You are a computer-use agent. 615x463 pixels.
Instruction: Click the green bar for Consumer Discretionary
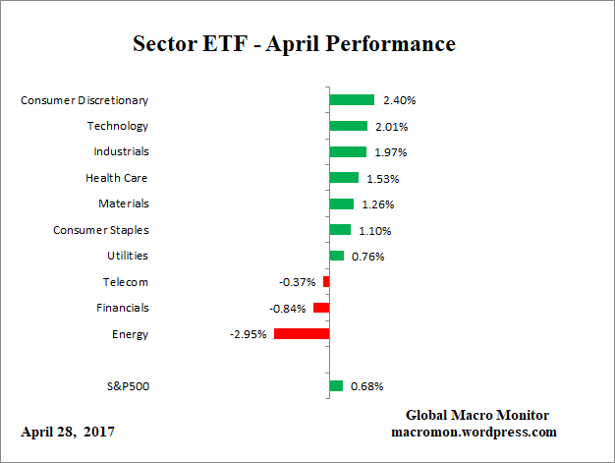pos(352,99)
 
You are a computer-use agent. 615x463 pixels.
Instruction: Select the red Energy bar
pos(302,334)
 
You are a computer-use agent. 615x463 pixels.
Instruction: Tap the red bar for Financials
pos(321,308)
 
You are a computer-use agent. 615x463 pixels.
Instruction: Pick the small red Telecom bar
pos(326,282)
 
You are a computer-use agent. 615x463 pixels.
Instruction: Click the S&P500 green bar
pos(336,386)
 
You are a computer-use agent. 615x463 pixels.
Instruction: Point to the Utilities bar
pos(337,256)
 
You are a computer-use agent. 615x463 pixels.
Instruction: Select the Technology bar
pos(348,126)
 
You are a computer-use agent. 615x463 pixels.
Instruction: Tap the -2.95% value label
pos(248,334)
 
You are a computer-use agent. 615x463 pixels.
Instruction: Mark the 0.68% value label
pos(366,386)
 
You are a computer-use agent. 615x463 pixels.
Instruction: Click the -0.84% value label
pos(287,308)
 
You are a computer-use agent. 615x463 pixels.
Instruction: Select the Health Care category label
pos(117,178)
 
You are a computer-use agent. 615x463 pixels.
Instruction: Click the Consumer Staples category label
pos(100,230)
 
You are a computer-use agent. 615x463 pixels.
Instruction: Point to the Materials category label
pos(123,203)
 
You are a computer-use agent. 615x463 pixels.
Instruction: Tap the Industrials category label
pos(121,151)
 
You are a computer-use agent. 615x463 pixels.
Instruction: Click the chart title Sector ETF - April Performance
pos(294,45)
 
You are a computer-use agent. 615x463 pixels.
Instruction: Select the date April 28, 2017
pos(67,432)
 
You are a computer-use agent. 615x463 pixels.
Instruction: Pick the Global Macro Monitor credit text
pos(476,415)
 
